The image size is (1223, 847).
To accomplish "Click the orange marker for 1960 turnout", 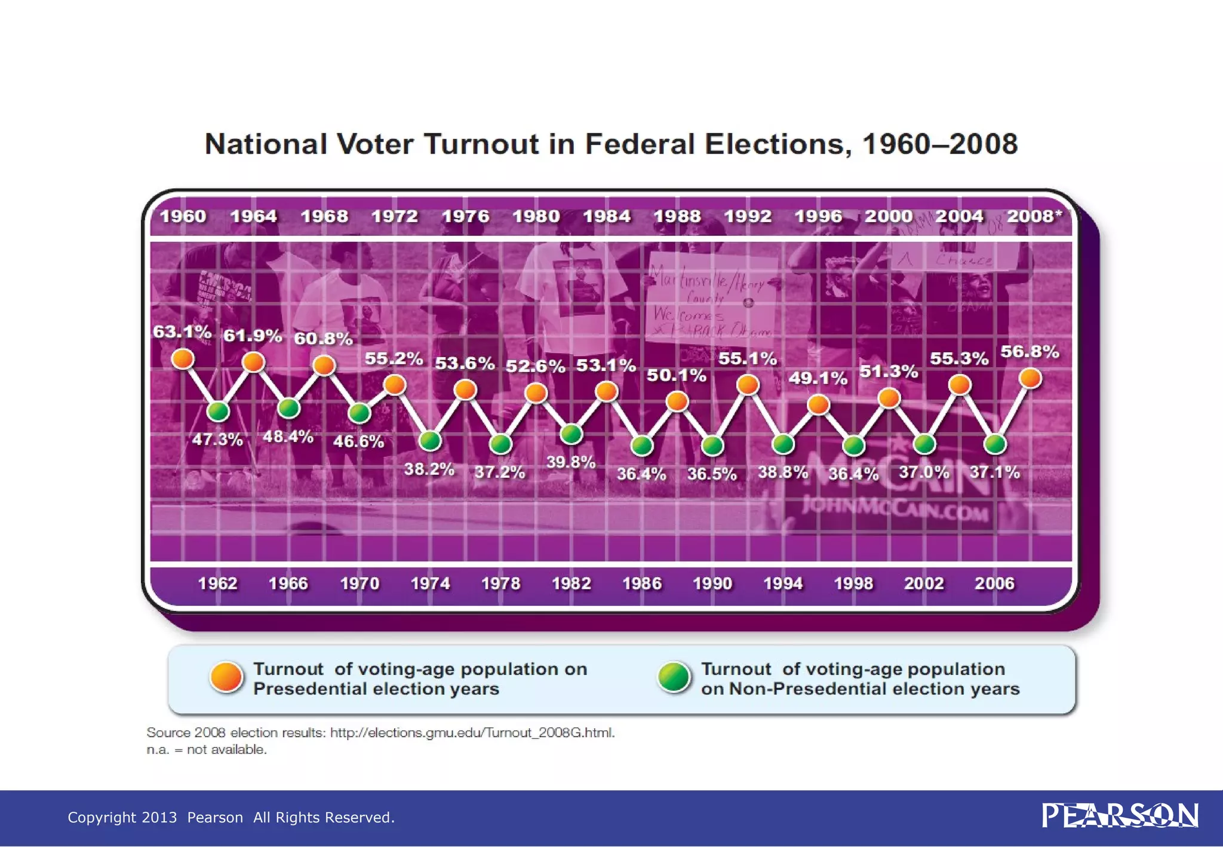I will coord(183,358).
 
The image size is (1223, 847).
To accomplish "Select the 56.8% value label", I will coord(1030,352).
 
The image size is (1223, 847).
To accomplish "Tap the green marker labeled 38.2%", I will coord(430,440).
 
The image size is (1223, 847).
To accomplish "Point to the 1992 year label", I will coord(748,216).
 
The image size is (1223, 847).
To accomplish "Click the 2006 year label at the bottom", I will coord(994,583).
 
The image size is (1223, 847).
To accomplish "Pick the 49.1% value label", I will coord(818,378).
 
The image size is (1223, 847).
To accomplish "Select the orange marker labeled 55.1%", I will coord(748,385).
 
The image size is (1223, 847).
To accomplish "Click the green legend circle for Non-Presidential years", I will coord(674,678).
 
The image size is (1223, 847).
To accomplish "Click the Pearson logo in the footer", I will coord(1120,816).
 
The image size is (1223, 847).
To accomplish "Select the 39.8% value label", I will coord(571,462).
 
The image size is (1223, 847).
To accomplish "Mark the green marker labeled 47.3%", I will coord(218,411).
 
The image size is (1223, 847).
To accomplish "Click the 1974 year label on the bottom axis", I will coord(430,583).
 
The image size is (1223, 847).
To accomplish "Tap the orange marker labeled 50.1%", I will coord(677,401).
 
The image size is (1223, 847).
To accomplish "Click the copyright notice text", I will coord(231,817).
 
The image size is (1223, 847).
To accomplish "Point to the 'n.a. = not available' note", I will coord(207,750).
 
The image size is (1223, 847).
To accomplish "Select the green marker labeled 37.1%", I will coord(995,444).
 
